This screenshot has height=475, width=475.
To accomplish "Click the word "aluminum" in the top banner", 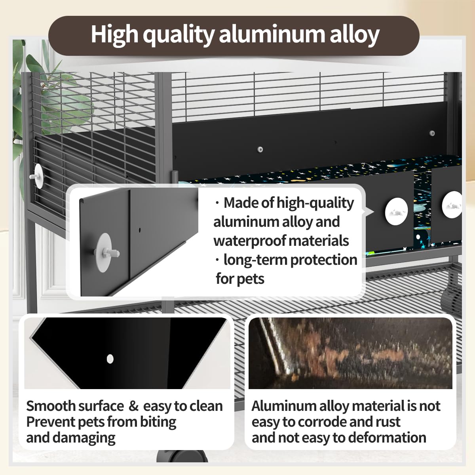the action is [272, 34].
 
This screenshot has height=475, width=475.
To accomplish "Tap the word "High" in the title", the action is [114, 35].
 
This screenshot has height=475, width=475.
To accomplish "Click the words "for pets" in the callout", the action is [240, 279].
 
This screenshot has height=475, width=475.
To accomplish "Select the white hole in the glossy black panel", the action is [110, 359].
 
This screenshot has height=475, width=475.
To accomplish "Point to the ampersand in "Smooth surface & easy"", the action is [133, 407].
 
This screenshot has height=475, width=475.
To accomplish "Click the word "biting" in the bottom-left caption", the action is [158, 422].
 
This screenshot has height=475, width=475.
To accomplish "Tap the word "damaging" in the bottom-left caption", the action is [84, 438].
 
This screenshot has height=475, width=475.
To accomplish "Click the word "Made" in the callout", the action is [237, 203].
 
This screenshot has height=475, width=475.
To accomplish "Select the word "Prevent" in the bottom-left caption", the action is [51, 422].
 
